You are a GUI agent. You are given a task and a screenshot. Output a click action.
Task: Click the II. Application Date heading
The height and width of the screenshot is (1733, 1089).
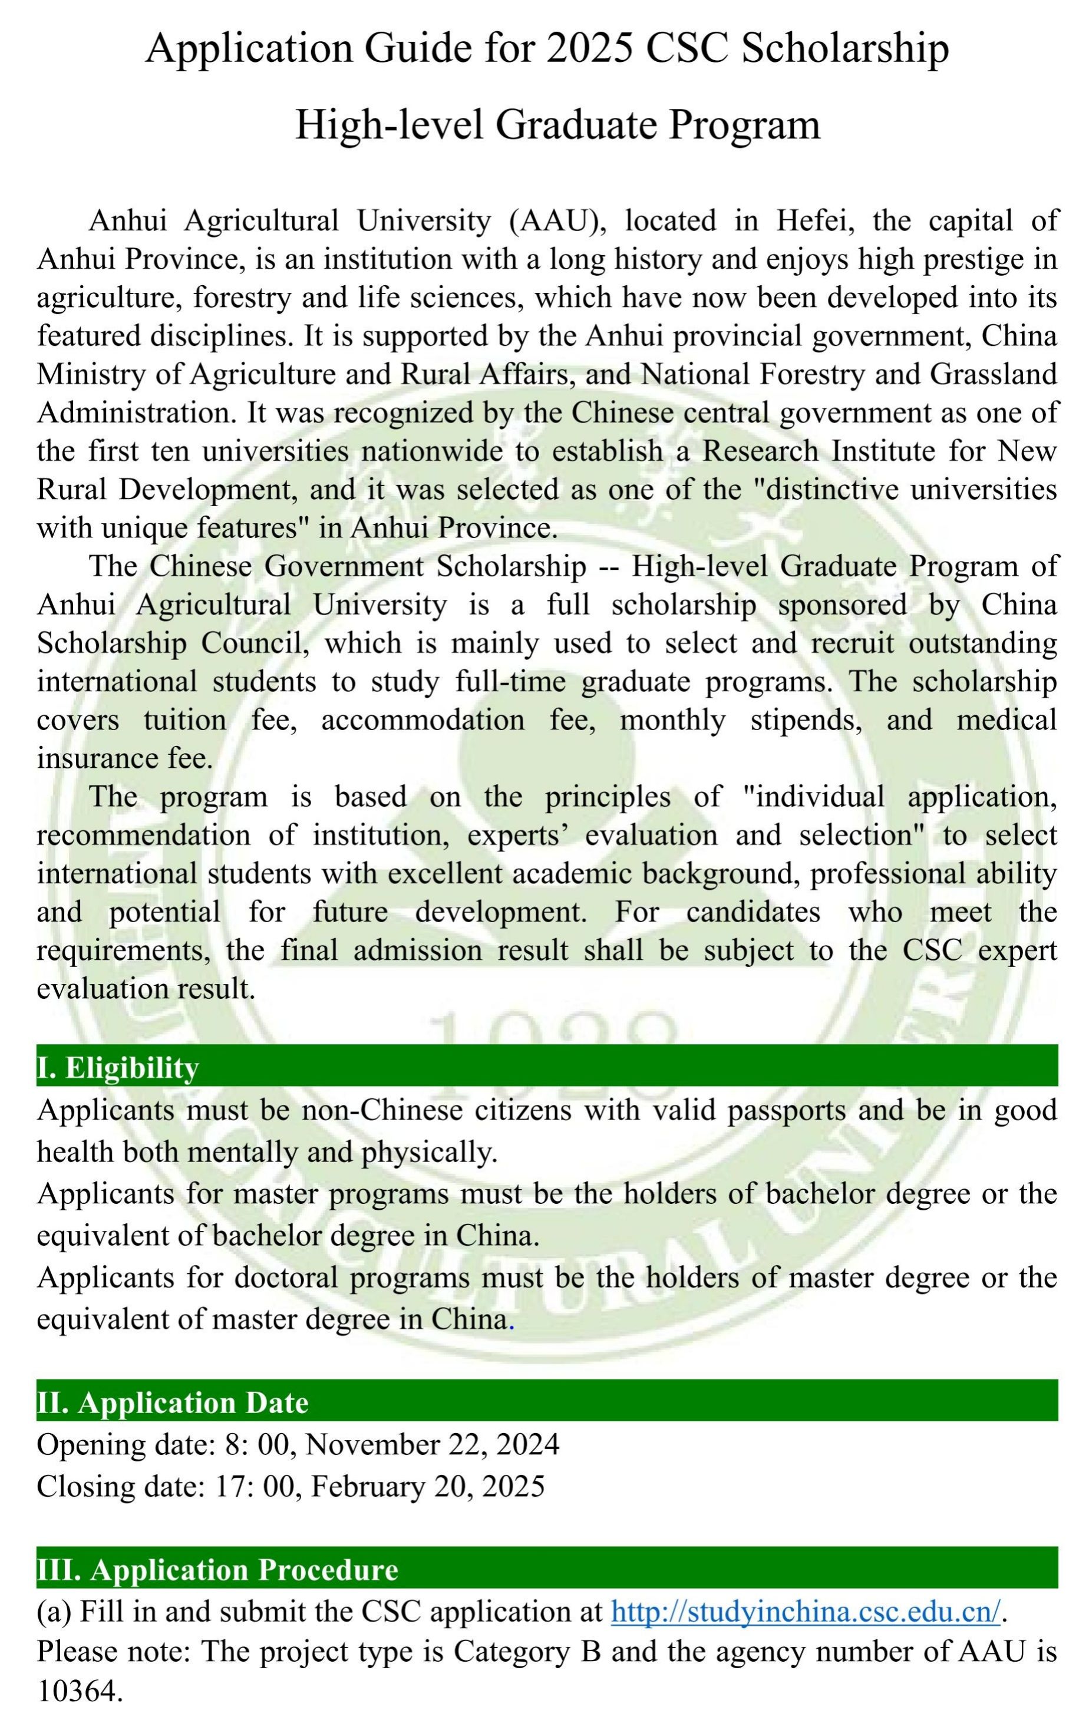tap(173, 1402)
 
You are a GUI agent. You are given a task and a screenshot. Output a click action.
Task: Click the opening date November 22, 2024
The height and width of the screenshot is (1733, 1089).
tap(433, 1444)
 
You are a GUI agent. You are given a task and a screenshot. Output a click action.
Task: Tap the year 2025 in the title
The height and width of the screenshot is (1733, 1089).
tap(590, 49)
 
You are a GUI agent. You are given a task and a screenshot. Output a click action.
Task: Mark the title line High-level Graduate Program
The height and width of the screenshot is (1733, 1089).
tap(558, 124)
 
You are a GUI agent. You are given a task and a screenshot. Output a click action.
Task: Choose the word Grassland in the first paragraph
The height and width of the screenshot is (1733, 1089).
tap(994, 374)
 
